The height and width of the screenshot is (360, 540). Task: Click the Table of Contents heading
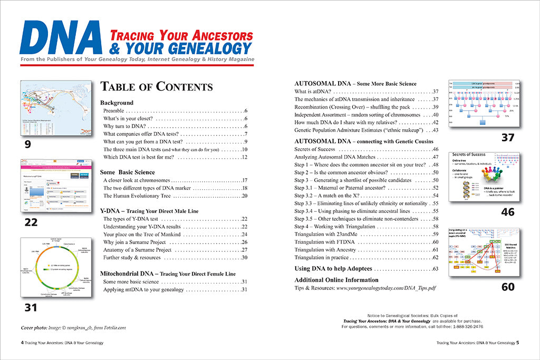157,87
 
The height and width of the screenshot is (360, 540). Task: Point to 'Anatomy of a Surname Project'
138,250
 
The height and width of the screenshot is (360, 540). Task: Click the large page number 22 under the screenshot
31,222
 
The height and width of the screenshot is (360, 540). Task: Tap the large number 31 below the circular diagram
31,307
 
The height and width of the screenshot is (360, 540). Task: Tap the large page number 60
508,288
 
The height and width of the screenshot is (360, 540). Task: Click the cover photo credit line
74,328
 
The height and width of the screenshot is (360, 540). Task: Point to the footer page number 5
518,342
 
